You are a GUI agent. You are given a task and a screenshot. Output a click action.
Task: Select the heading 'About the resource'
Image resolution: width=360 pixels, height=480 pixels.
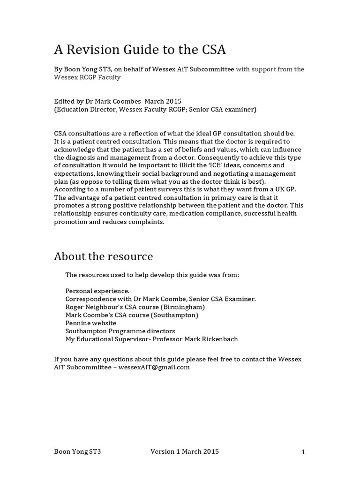click(x=103, y=256)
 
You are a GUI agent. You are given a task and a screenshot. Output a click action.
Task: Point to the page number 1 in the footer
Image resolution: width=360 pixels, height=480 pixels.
click(x=303, y=452)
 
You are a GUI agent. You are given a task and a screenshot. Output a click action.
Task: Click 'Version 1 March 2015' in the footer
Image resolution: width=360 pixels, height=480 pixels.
click(x=184, y=452)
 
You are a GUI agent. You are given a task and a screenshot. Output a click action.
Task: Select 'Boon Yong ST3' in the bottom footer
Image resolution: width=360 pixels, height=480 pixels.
click(x=77, y=452)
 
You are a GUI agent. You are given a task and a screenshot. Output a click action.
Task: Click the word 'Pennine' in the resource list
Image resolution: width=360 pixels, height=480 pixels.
click(x=78, y=323)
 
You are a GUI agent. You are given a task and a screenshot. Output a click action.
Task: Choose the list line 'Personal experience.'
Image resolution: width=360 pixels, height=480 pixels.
click(x=97, y=291)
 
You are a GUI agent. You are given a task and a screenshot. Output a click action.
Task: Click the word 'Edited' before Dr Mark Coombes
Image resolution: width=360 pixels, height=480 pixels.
click(x=64, y=101)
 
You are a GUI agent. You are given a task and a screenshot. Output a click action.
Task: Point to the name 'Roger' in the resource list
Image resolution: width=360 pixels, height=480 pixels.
click(x=75, y=307)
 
